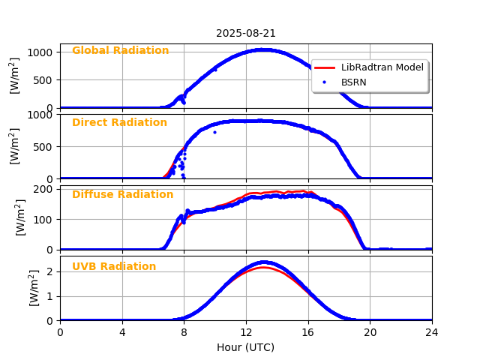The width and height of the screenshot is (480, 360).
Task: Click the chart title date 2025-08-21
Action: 246,33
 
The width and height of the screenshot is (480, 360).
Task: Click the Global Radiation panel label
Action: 120,50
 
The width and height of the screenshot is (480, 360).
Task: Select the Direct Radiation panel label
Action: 119,122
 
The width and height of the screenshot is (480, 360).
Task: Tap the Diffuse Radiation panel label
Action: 122,194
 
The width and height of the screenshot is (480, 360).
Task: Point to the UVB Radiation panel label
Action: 114,266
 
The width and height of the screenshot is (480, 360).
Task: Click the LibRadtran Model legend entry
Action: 382,67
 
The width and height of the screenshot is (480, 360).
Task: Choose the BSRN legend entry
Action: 353,82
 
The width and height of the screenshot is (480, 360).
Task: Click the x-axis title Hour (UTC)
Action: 246,347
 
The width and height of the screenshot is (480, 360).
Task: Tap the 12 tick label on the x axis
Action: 246,332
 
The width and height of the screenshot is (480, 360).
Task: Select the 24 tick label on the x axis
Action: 432,332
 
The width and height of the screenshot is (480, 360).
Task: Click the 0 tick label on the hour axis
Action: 60,332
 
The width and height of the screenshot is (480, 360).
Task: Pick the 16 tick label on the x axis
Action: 308,332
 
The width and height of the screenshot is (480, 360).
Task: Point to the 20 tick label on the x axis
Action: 370,332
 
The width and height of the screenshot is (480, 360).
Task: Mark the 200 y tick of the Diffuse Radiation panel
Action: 43,189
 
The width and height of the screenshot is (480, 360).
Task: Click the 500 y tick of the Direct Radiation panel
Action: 43,146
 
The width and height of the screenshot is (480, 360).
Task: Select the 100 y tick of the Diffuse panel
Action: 43,219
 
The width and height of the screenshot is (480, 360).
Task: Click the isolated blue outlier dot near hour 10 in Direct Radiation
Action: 214,132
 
